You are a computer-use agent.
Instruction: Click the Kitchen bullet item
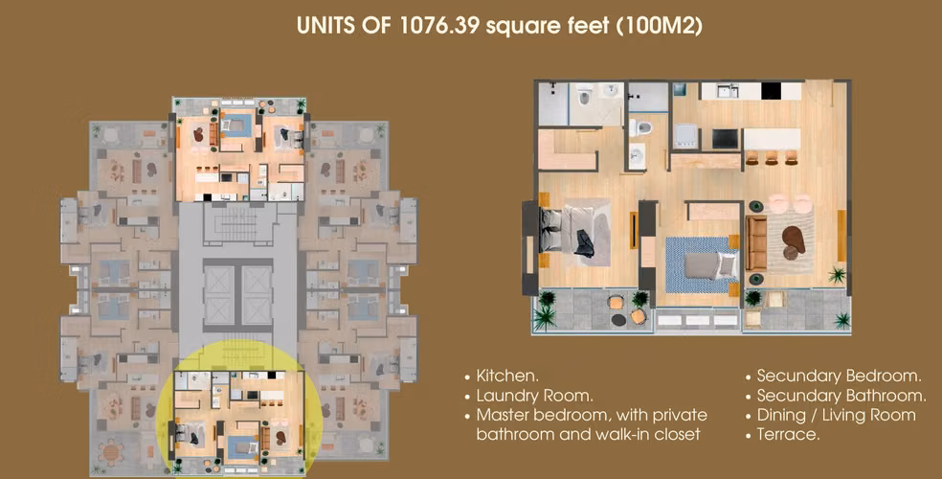(507, 376)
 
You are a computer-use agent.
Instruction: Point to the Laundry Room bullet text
(534, 396)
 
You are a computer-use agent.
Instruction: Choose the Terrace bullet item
(788, 434)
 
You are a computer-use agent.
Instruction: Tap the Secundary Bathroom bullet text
(841, 396)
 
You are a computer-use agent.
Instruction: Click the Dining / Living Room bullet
(837, 415)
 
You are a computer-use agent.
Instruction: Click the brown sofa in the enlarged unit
(755, 243)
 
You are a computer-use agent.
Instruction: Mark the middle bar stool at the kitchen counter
(771, 157)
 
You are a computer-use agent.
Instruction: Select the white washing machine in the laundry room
(685, 136)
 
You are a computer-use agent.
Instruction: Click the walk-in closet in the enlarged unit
(567, 149)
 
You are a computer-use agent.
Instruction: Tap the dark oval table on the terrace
(618, 320)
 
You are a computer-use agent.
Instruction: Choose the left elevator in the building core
(218, 295)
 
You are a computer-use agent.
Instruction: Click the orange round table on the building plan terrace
(112, 451)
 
